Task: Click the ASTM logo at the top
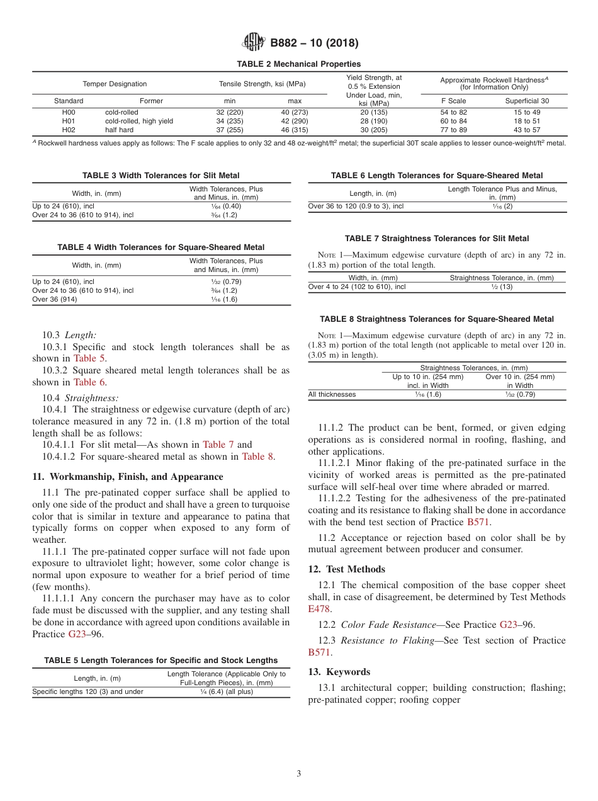click(x=254, y=43)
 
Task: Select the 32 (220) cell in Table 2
click(x=229, y=113)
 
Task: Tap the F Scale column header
click(x=453, y=101)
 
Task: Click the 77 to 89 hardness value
click(x=453, y=130)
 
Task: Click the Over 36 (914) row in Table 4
click(x=53, y=300)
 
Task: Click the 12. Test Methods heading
click(x=346, y=569)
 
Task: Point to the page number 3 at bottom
click(x=299, y=774)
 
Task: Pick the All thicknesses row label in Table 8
click(x=332, y=395)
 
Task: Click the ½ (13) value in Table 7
click(x=502, y=287)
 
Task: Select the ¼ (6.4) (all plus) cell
click(x=226, y=692)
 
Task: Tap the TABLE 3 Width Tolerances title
click(x=161, y=176)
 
